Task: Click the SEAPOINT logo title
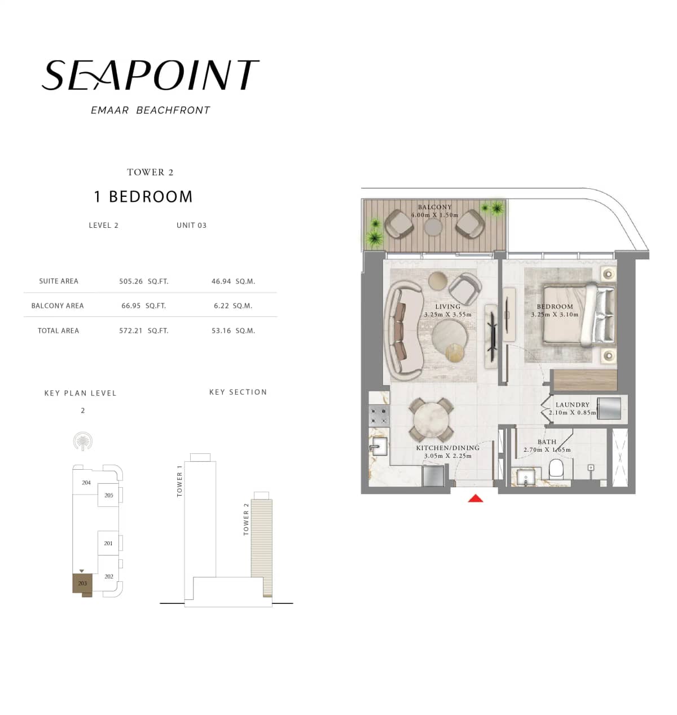(150, 76)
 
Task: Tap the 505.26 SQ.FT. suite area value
(143, 281)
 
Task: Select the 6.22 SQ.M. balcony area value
(233, 306)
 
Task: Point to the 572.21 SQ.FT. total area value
(143, 331)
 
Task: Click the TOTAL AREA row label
(58, 331)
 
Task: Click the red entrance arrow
(476, 498)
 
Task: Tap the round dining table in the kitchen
(432, 420)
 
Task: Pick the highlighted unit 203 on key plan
(82, 583)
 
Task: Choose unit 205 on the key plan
(108, 495)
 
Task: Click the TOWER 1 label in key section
(180, 480)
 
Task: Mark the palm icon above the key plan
(83, 442)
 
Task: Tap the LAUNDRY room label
(572, 405)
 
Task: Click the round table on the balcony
(433, 227)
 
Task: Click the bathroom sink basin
(526, 478)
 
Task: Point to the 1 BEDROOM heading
(143, 197)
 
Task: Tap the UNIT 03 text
(191, 226)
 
